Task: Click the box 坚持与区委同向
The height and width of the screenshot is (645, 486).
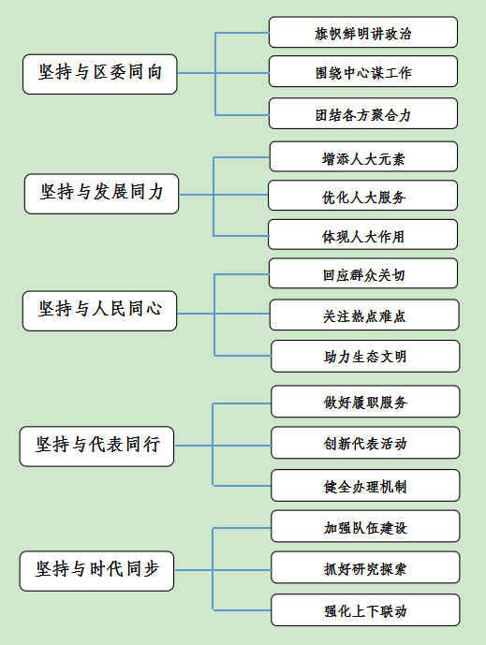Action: tap(100, 74)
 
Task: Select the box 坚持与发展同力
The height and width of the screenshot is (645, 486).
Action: tap(102, 194)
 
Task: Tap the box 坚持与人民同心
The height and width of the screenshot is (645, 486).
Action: tap(99, 311)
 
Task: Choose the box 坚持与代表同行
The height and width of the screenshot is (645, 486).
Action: tap(96, 447)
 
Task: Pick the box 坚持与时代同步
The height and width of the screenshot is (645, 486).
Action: tap(96, 571)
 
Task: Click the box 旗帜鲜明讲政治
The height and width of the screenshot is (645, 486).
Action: tap(363, 33)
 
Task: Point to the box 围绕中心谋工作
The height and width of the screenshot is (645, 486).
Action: tap(363, 71)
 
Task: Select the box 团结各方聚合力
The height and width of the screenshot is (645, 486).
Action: tap(363, 113)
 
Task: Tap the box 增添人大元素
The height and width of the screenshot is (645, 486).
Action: tap(363, 156)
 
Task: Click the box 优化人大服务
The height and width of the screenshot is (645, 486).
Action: tap(362, 196)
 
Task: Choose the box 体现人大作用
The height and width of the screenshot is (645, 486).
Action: tap(362, 234)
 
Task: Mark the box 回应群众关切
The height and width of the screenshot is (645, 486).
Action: tap(363, 273)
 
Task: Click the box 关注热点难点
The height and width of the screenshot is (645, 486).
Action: tap(364, 315)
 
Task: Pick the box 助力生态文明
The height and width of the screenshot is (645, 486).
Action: tap(365, 357)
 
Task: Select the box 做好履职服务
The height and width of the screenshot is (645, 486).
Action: tap(365, 402)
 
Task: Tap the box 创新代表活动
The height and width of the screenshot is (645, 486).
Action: tap(365, 443)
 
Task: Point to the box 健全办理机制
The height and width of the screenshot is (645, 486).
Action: tap(365, 486)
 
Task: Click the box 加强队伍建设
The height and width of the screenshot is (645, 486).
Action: tap(365, 526)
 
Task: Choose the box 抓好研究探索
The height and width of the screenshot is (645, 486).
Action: tap(365, 567)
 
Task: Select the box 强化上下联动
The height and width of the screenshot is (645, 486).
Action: tap(365, 610)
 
